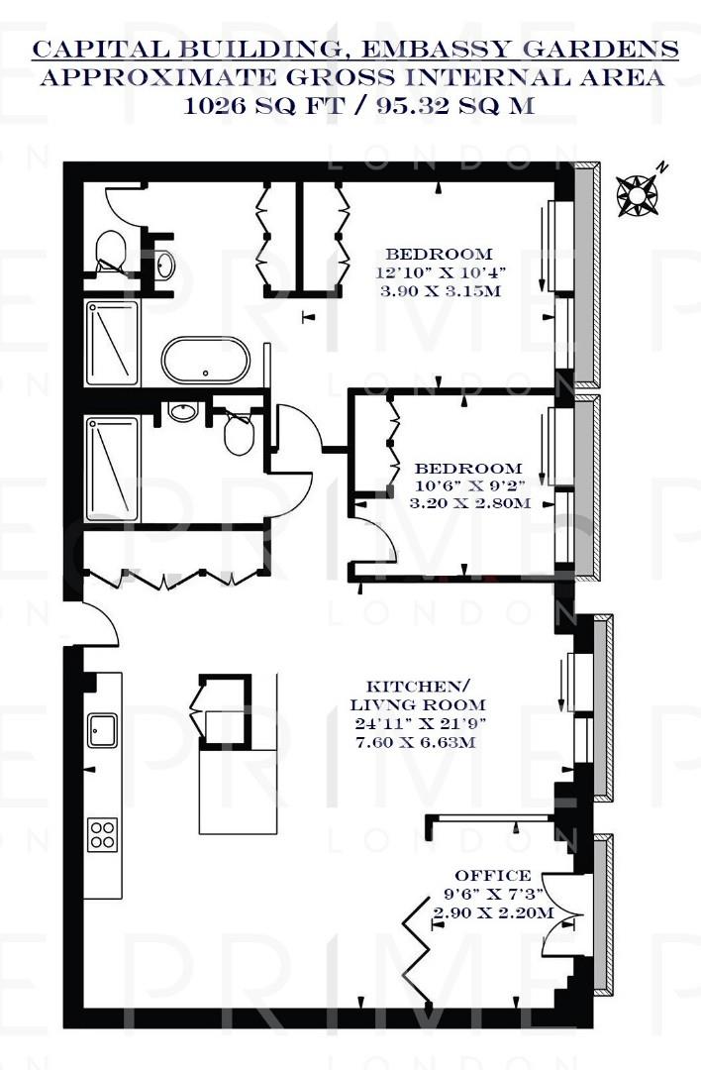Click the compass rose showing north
[x=639, y=193]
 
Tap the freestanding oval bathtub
[x=205, y=361]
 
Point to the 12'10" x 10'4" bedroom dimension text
[x=439, y=272]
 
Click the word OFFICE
[x=492, y=876]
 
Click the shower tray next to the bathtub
[x=112, y=343]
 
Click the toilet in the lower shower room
[x=239, y=434]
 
